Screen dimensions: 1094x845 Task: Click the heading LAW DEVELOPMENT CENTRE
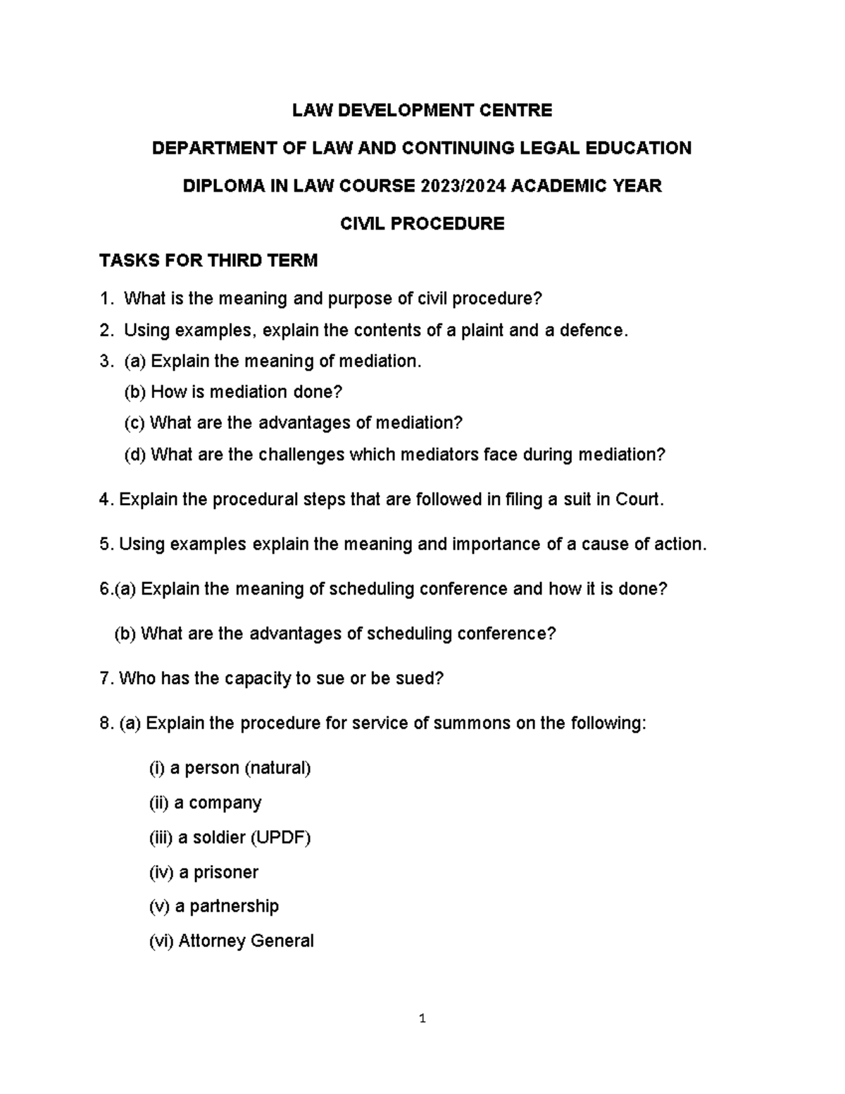(423, 110)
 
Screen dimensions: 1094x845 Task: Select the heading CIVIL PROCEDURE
(423, 224)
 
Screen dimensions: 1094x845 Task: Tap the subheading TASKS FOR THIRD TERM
(208, 261)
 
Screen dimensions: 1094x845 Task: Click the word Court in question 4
(639, 499)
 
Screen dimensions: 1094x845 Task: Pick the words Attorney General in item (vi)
(246, 940)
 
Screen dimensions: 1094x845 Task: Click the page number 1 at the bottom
(423, 1018)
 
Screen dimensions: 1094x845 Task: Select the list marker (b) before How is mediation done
(135, 392)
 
